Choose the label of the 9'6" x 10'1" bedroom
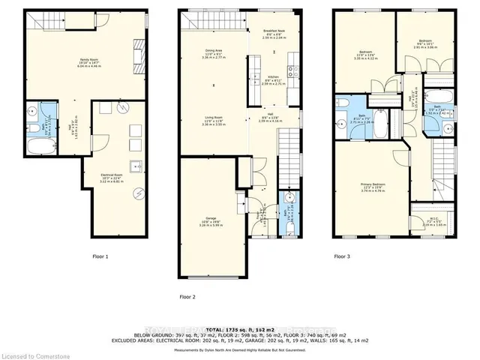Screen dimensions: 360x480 [424, 43]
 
